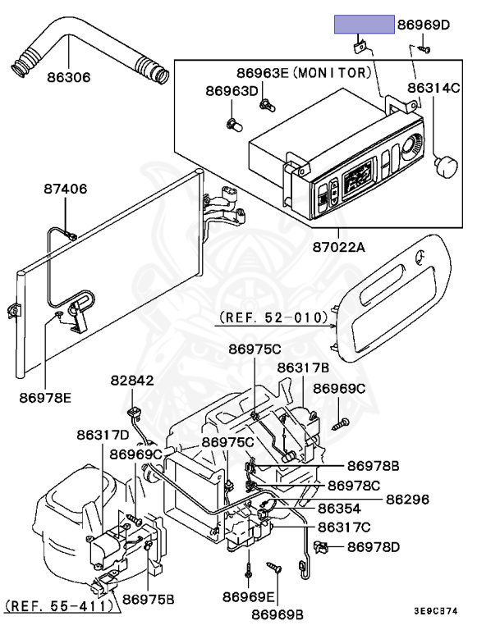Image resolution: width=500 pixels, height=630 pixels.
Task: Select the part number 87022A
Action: [x=337, y=245]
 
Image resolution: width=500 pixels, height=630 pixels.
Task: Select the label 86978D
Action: [x=374, y=546]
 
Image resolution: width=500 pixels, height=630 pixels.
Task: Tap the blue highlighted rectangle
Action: [x=364, y=24]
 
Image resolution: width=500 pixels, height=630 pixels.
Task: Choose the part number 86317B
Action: [x=303, y=367]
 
